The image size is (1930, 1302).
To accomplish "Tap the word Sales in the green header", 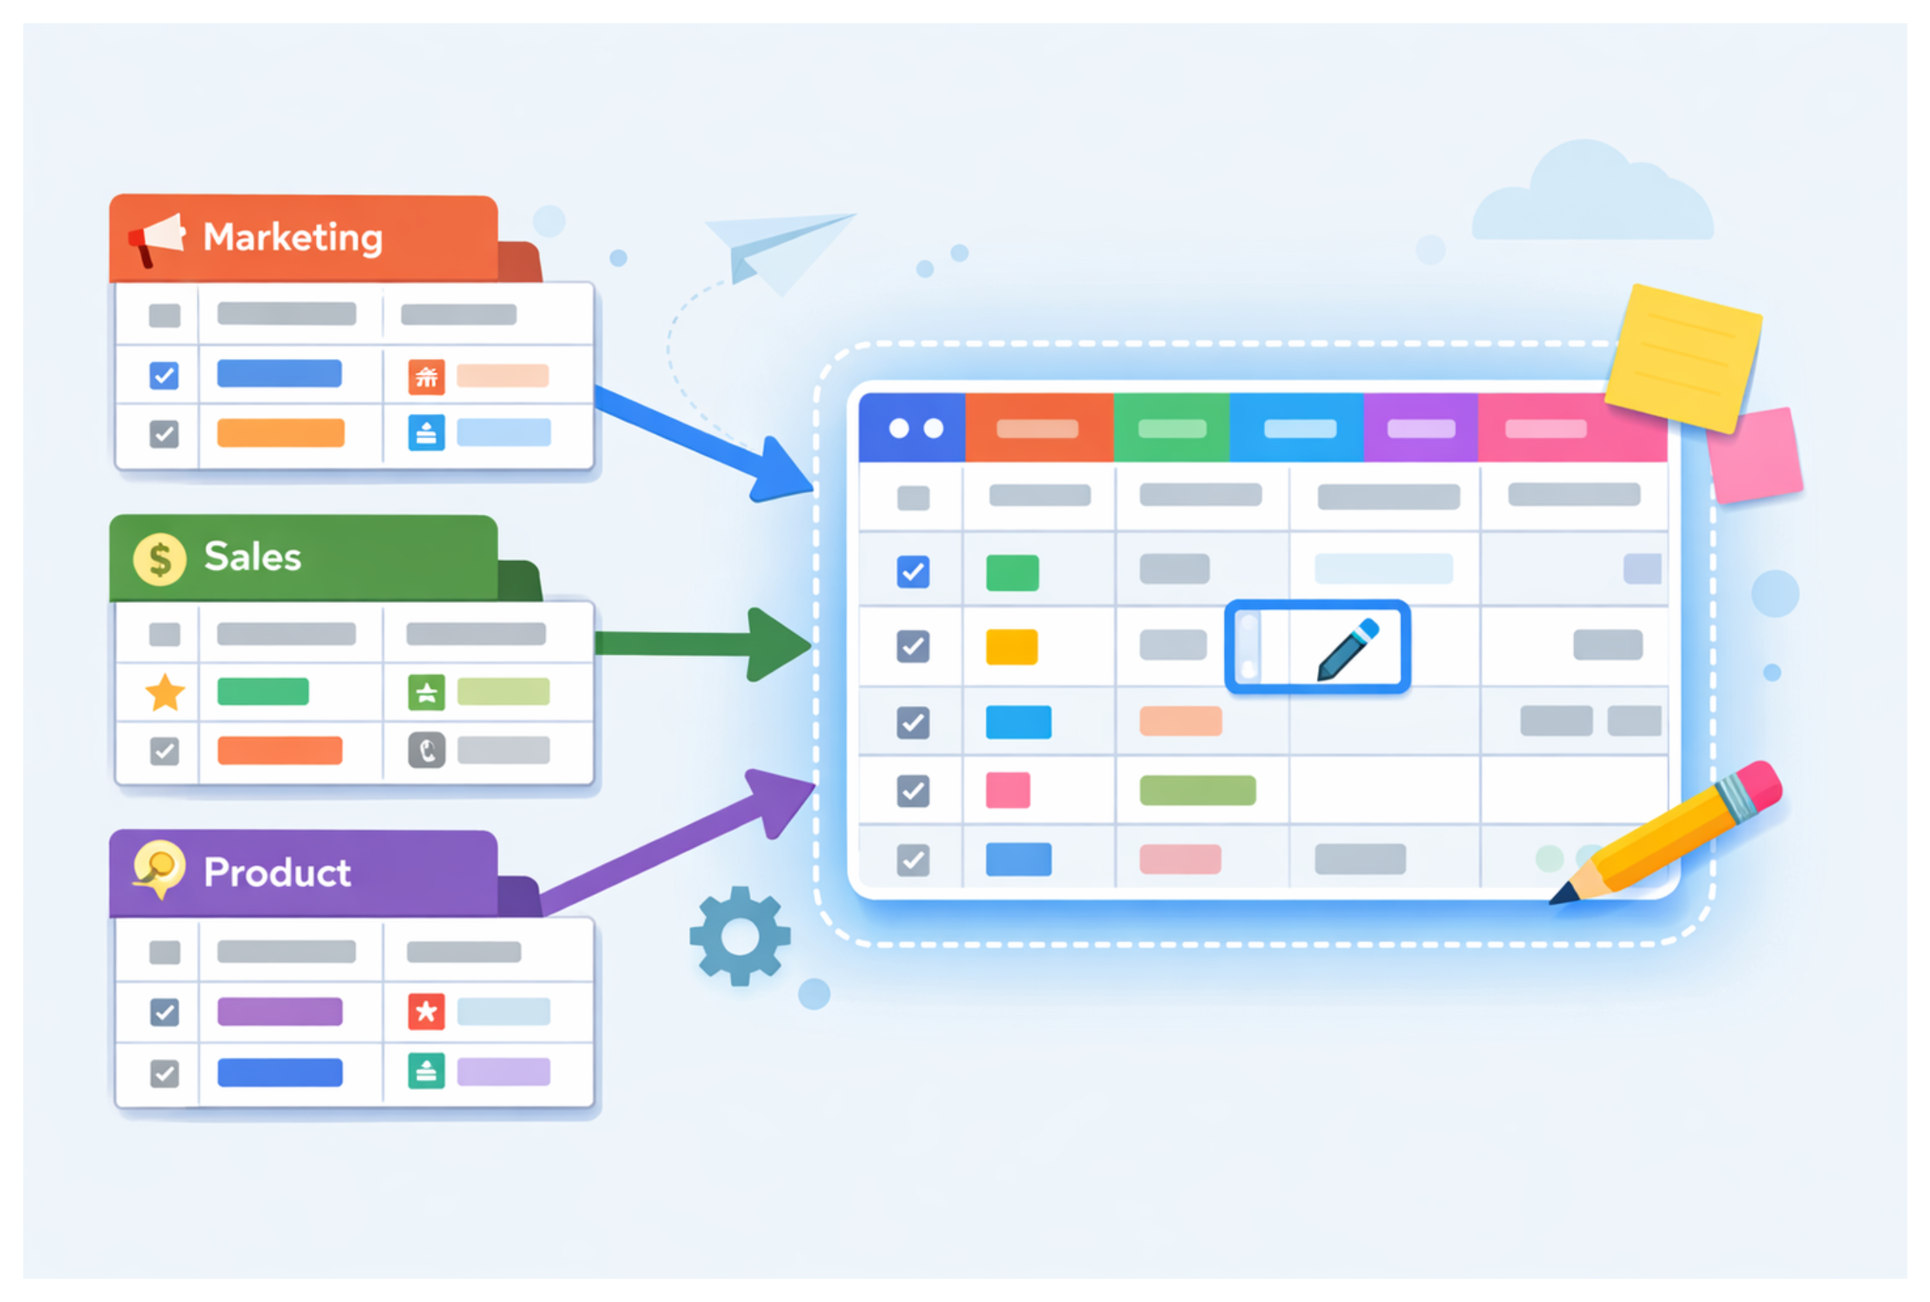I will [x=252, y=557].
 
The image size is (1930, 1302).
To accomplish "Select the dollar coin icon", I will [x=159, y=559].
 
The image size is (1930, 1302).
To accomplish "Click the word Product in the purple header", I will [x=277, y=872].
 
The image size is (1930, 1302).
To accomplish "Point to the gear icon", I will [x=740, y=936].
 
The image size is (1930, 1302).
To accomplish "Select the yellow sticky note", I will [x=1683, y=357].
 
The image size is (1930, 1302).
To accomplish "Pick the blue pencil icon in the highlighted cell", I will [x=1348, y=649].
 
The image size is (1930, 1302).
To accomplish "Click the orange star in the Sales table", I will [x=165, y=693].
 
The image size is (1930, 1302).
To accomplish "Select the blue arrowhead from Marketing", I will [x=779, y=471].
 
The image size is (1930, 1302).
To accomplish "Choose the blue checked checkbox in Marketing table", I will [x=163, y=375].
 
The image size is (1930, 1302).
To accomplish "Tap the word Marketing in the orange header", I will [x=293, y=238].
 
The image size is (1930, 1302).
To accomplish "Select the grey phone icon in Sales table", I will [x=427, y=751].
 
